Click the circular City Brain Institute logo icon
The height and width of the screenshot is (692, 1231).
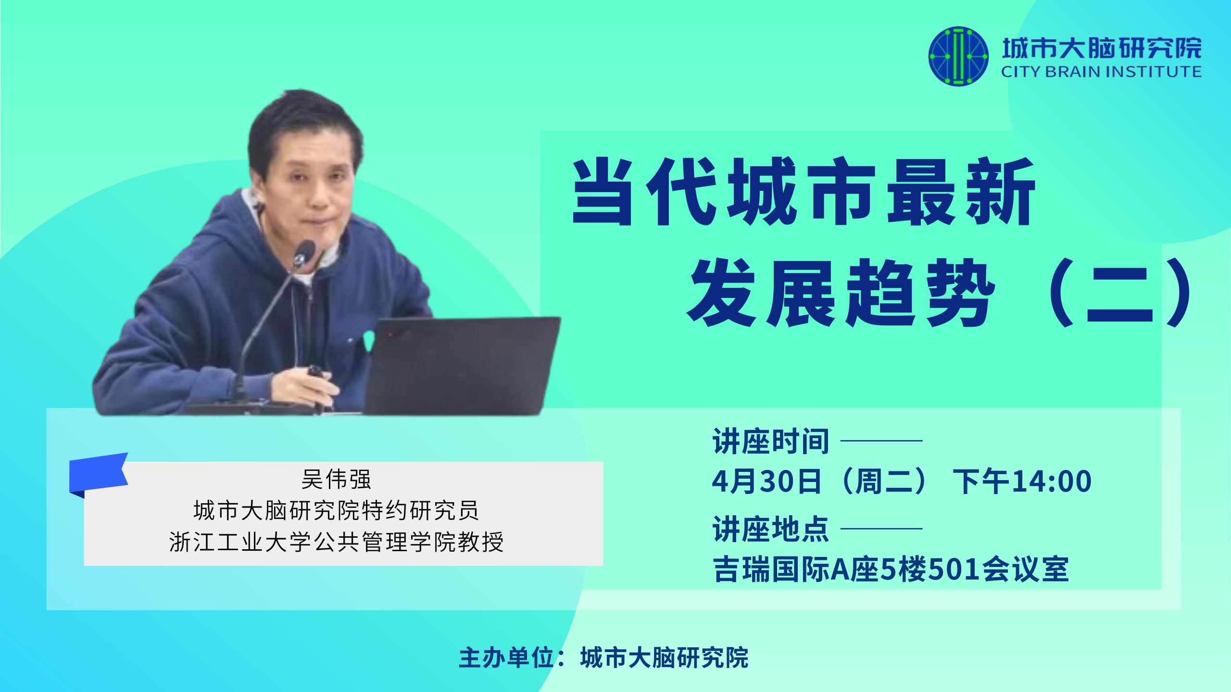pos(958,56)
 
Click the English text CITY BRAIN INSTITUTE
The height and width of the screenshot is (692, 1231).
pos(1101,72)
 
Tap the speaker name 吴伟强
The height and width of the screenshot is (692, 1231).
pos(336,479)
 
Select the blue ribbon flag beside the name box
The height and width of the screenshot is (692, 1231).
pos(99,474)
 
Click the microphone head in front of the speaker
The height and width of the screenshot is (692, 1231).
pos(304,253)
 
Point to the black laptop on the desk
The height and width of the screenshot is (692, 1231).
pos(462,365)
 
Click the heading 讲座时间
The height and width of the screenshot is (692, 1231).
pos(771,441)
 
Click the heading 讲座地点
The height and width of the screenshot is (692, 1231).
pos(771,529)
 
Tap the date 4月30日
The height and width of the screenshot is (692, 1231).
pos(766,482)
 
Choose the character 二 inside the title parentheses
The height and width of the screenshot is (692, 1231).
pos(1120,293)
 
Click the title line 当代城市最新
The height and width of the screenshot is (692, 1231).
pos(804,191)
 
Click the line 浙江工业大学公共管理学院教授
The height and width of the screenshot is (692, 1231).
pos(336,542)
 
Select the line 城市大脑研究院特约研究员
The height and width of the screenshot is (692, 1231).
pos(336,510)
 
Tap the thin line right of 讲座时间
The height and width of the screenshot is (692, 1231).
pos(881,441)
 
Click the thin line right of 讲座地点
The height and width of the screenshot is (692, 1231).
pos(881,529)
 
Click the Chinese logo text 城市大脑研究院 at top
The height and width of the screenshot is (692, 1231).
pos(1102,48)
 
